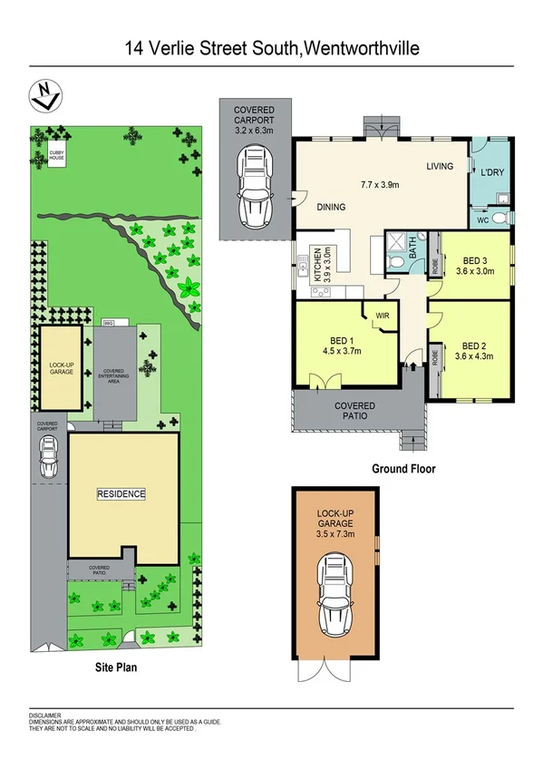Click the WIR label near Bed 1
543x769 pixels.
382,315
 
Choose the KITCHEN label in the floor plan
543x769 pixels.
317,266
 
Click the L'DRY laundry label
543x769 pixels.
491,172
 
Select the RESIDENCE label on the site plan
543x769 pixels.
121,494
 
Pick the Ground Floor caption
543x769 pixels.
403,470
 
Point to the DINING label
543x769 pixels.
331,207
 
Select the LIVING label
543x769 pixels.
441,166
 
